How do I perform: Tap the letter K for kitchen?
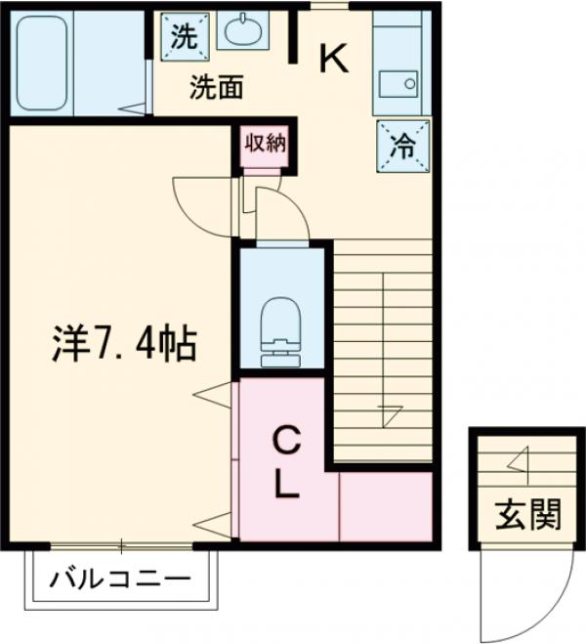pos(333,61)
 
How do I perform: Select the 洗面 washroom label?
pos(216,89)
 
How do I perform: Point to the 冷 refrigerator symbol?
pos(400,146)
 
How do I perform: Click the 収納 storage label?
pos(264,144)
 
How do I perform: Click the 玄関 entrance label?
pos(525,515)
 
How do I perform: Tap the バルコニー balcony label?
pos(120,578)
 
